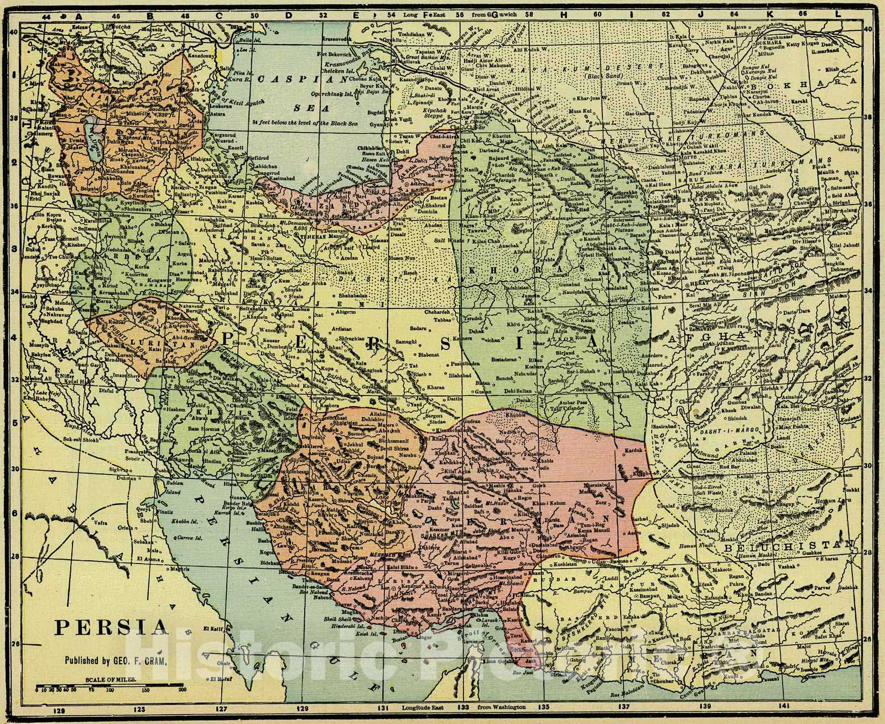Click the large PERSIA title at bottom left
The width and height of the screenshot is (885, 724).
[111, 628]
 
